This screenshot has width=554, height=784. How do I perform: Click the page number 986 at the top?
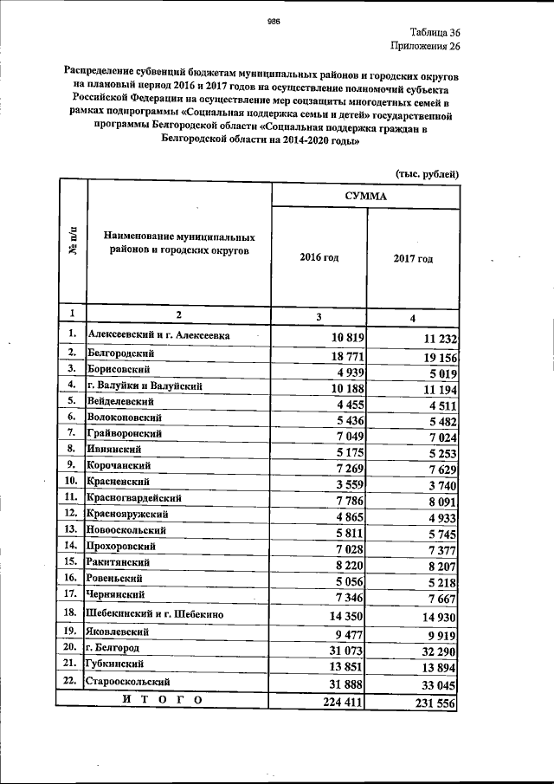275,22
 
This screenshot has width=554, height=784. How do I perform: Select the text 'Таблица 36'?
430,31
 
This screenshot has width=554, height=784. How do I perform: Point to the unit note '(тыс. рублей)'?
427,174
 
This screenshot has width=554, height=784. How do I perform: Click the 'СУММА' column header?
365,196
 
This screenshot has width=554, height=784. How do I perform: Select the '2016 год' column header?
319,258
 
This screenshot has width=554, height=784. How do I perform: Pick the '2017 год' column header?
413,258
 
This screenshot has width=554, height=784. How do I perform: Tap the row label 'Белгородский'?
121,353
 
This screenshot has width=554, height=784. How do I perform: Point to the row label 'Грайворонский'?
125,433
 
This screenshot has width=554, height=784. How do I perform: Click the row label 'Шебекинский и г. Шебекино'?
156,613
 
